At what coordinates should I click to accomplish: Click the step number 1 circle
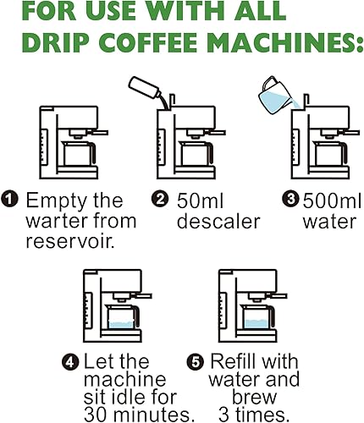point(10,201)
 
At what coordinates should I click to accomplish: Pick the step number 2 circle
point(160,201)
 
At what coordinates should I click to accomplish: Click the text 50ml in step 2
point(199,201)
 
